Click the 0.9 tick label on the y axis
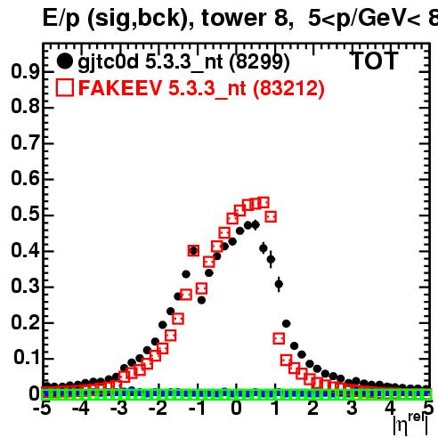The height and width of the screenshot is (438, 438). pyautogui.click(x=25, y=72)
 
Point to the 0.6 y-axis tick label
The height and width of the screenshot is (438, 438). pyautogui.click(x=25, y=179)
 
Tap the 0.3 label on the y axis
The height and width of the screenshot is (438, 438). pyautogui.click(x=25, y=287)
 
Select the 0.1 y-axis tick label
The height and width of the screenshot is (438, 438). pyautogui.click(x=26, y=358)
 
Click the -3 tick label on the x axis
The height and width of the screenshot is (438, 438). pyautogui.click(x=119, y=409)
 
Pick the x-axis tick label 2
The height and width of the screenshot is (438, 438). pyautogui.click(x=312, y=409)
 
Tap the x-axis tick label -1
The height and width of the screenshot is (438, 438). pyautogui.click(x=198, y=409)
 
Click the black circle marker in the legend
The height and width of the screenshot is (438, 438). pyautogui.click(x=65, y=61)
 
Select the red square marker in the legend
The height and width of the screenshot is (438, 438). pyautogui.click(x=65, y=88)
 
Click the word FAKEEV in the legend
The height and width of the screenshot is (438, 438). pyautogui.click(x=121, y=88)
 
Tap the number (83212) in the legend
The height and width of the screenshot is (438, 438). pyautogui.click(x=288, y=88)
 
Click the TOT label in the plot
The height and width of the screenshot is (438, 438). pyautogui.click(x=375, y=61)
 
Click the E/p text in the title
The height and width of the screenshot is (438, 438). pyautogui.click(x=61, y=19)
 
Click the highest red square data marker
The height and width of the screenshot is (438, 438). pyautogui.click(x=264, y=203)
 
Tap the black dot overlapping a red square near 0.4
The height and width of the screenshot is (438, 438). pyautogui.click(x=193, y=251)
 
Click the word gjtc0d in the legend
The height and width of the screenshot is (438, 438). pyautogui.click(x=109, y=62)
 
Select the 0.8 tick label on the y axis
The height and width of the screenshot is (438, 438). pyautogui.click(x=25, y=107)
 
